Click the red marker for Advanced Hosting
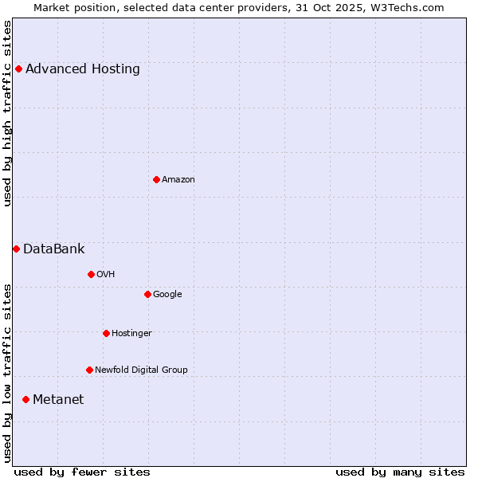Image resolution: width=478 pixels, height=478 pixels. [18, 69]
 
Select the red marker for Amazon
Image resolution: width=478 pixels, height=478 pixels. [156, 179]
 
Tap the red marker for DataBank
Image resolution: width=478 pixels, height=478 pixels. [16, 249]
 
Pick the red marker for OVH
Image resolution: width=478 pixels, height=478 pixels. [91, 274]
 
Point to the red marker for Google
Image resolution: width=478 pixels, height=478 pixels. [147, 294]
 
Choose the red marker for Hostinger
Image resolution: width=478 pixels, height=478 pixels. [106, 333]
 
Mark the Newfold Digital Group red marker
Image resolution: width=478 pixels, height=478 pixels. [89, 370]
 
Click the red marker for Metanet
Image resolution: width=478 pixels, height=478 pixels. [25, 399]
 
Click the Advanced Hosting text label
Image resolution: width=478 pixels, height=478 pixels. [83, 69]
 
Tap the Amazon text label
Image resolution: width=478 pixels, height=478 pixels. [178, 179]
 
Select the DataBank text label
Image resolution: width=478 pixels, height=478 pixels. [54, 249]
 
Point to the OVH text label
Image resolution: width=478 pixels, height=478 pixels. [106, 274]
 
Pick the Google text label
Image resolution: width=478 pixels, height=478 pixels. [167, 294]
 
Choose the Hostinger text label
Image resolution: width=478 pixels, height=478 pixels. [131, 333]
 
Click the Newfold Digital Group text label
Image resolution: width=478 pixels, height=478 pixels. [141, 370]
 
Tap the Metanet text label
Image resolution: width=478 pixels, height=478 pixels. [58, 399]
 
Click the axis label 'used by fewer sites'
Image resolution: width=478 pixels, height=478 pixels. [82, 472]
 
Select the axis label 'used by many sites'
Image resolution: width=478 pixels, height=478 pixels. [400, 472]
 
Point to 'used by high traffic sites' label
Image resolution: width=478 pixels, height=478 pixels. [7, 113]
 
